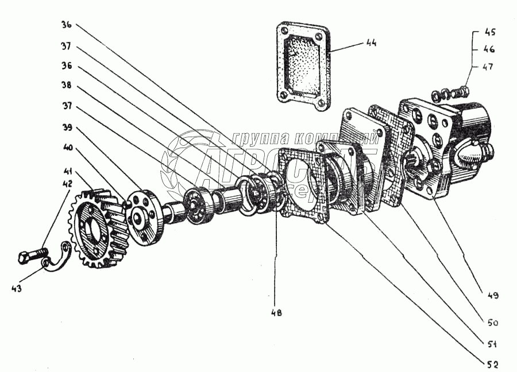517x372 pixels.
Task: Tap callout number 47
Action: pos(488,67)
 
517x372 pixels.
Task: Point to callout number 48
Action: pos(276,313)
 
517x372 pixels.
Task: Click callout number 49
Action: pos(492,296)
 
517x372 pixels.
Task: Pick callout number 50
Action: pos(492,323)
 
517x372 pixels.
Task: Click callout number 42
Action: pos(68,184)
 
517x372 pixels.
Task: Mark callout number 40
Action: pos(67,147)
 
